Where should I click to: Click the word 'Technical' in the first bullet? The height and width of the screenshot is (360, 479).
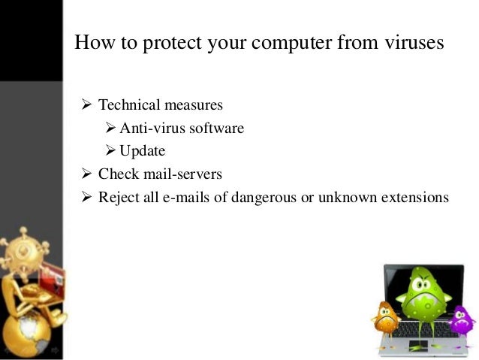tap(128, 105)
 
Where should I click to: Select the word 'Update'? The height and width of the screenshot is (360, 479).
tap(143, 152)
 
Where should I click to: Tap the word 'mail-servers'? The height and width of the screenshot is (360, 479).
tap(183, 174)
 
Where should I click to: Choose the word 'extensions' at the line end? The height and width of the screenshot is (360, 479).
tap(416, 198)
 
